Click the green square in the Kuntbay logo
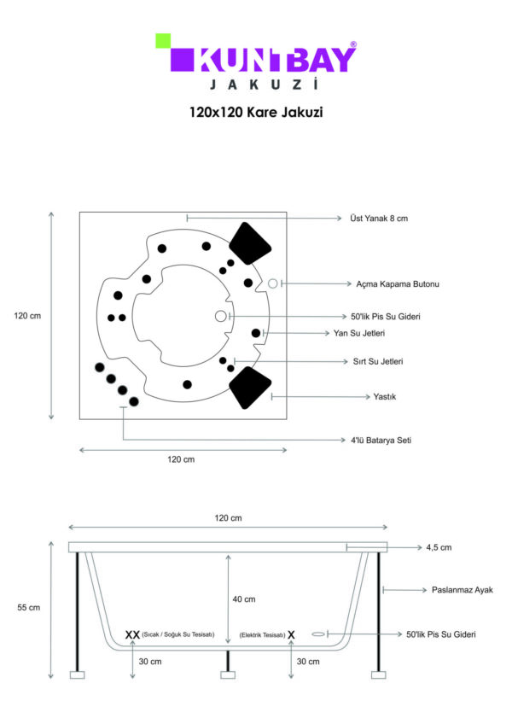pyautogui.click(x=163, y=41)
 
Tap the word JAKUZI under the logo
pyautogui.click(x=264, y=85)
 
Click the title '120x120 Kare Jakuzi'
pyautogui.click(x=256, y=112)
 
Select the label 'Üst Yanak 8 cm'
pyautogui.click(x=379, y=219)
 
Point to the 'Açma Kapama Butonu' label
pyautogui.click(x=398, y=284)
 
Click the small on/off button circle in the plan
pyautogui.click(x=273, y=283)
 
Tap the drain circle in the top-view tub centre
pyautogui.click(x=221, y=316)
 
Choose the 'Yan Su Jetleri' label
pyautogui.click(x=359, y=333)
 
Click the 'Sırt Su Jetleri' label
pyautogui.click(x=378, y=361)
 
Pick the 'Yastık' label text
pyautogui.click(x=385, y=397)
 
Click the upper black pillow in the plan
pyautogui.click(x=250, y=243)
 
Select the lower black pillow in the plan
pyautogui.click(x=250, y=388)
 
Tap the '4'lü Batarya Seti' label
pyautogui.click(x=381, y=441)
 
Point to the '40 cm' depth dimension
pyautogui.click(x=244, y=599)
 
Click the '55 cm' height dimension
pyautogui.click(x=29, y=608)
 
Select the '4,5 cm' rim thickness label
pyautogui.click(x=439, y=547)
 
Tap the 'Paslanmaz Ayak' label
pyautogui.click(x=463, y=590)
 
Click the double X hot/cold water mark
pyautogui.click(x=132, y=635)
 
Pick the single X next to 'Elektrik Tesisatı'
pyautogui.click(x=291, y=635)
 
